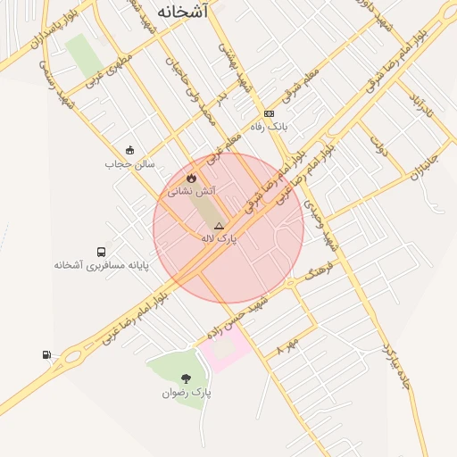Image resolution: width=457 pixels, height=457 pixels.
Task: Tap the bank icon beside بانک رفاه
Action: tap(269, 113)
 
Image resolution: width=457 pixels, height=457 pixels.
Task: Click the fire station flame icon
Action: tap(192, 178)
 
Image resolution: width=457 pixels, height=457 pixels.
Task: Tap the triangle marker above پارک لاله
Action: tap(219, 227)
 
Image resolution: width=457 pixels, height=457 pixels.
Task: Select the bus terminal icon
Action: tap(101, 252)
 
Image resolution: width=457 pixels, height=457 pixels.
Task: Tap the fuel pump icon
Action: tap(46, 355)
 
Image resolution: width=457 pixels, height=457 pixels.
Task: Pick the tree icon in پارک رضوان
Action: tap(186, 379)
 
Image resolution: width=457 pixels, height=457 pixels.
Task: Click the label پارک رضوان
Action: tap(187, 393)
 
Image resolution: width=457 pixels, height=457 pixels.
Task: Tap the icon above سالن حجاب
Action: tap(130, 150)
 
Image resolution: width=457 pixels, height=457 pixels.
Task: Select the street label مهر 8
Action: tap(286, 345)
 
